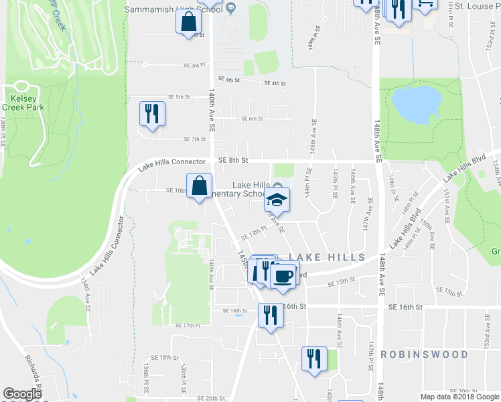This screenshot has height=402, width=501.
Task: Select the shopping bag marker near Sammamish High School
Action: (189, 21)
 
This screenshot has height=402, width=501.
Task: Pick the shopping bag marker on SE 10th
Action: (199, 186)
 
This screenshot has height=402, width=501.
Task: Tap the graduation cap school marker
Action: (277, 200)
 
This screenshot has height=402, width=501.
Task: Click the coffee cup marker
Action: (284, 275)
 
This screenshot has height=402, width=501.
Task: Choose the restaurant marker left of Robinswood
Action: (313, 358)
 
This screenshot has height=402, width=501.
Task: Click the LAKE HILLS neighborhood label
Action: (327, 257)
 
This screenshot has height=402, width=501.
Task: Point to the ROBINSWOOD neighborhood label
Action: (424, 354)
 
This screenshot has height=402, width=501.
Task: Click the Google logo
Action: (22, 394)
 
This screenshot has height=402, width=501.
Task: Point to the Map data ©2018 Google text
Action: (459, 397)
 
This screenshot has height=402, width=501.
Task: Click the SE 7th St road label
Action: (194, 139)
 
